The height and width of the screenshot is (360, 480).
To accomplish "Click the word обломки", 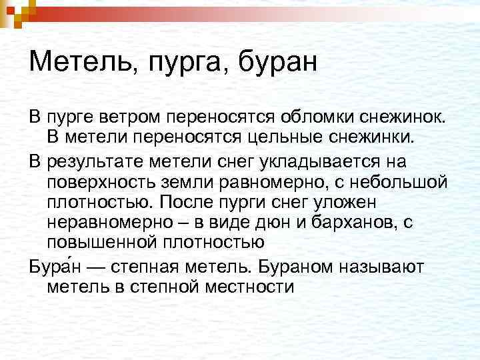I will point(313,118).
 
